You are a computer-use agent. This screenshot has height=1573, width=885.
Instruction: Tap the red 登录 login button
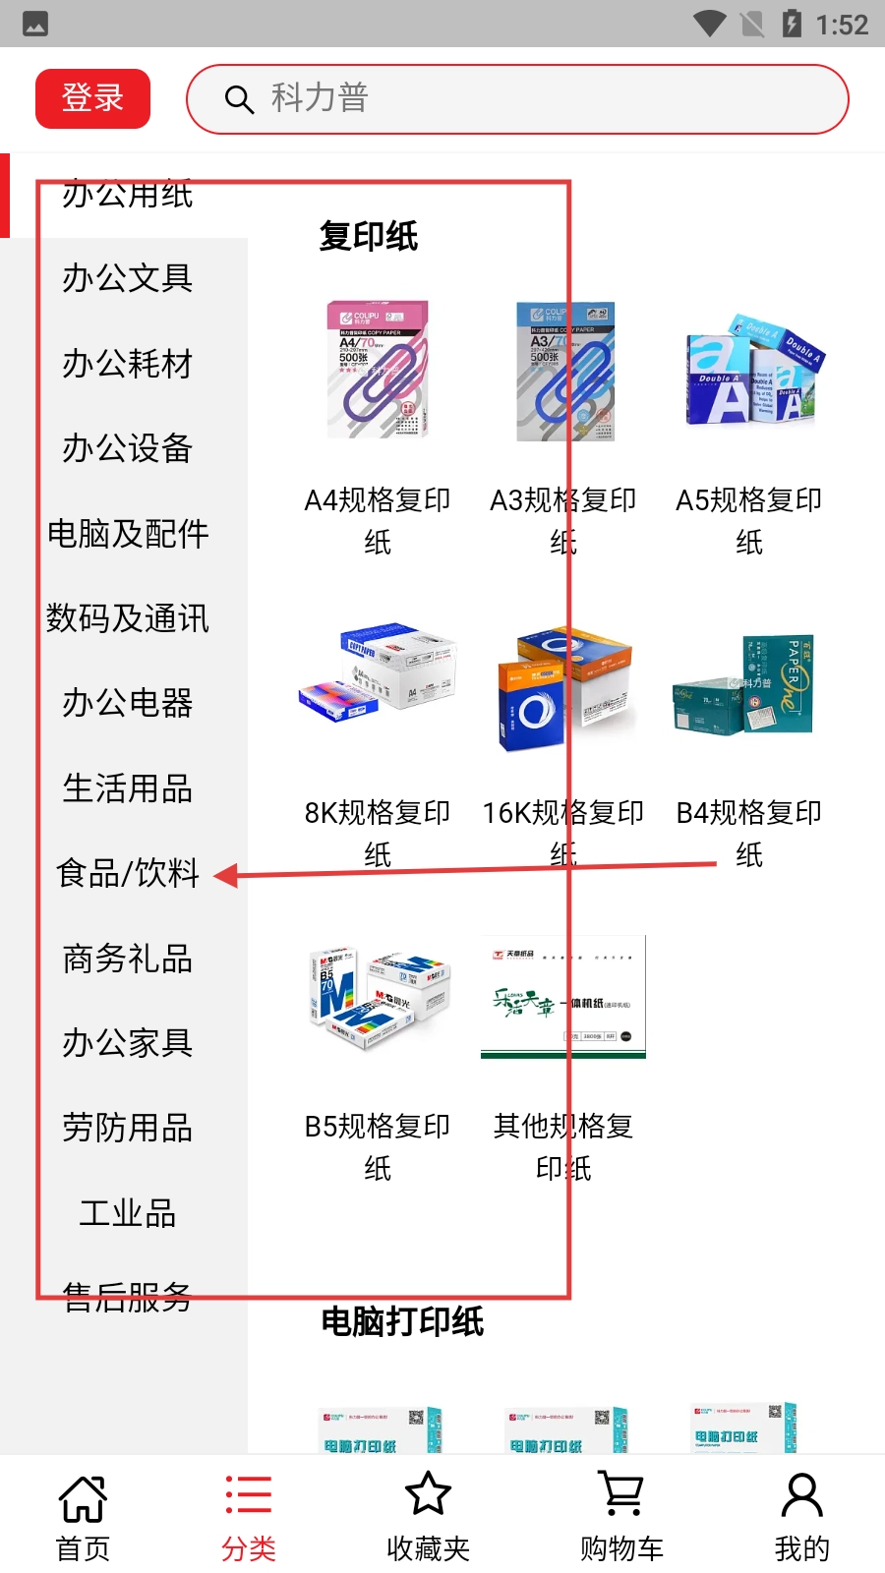[x=92, y=98]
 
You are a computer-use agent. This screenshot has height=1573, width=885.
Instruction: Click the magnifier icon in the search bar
[x=239, y=99]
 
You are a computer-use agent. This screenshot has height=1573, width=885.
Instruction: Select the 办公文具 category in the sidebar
[x=128, y=278]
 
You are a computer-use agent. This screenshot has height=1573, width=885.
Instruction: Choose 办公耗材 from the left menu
[x=128, y=364]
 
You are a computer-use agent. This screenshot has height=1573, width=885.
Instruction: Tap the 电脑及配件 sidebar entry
[x=128, y=534]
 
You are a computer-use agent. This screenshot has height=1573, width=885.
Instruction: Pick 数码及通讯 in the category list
[x=128, y=618]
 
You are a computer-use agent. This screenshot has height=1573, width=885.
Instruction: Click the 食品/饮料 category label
[x=128, y=873]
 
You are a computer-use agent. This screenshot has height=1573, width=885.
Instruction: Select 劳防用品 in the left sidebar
[x=128, y=1128]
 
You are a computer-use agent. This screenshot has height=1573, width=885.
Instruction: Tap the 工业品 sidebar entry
[x=128, y=1213]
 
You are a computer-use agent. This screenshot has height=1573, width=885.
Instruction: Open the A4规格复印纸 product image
[x=379, y=370]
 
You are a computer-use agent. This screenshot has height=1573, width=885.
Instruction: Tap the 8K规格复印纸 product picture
[x=379, y=682]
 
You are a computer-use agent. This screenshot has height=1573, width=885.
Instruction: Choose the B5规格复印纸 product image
[x=379, y=996]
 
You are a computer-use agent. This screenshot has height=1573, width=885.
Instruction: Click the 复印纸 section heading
[x=369, y=236]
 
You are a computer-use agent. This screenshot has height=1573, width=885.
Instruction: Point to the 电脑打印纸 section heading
[x=403, y=1321]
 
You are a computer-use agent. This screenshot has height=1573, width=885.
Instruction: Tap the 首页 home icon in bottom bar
[x=83, y=1497]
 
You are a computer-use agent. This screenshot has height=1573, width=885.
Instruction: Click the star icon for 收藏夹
[x=428, y=1494]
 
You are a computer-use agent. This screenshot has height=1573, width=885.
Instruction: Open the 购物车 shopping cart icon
[x=621, y=1494]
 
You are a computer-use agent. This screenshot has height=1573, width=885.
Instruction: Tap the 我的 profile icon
[x=801, y=1494]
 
